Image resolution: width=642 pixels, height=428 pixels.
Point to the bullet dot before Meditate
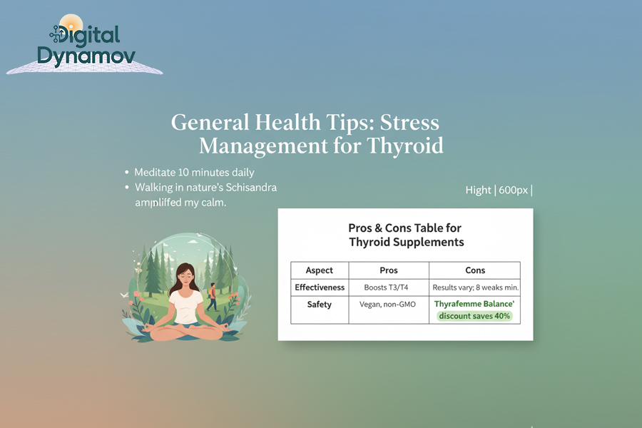[126, 173]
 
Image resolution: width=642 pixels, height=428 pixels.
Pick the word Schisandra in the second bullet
[251, 188]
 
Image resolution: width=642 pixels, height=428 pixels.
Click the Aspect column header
[319, 270]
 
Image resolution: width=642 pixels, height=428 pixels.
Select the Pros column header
[389, 270]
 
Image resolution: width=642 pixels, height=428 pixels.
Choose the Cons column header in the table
[474, 270]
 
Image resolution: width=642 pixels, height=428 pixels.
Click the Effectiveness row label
[320, 287]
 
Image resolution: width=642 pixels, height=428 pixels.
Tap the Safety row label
[320, 305]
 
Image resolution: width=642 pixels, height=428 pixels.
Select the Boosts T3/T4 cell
[389, 287]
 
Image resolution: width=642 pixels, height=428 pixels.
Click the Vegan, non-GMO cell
[389, 305]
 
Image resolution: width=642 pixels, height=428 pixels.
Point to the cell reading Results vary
[475, 287]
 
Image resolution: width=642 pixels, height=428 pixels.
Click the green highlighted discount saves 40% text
[475, 316]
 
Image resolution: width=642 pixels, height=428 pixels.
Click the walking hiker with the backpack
[212, 295]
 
